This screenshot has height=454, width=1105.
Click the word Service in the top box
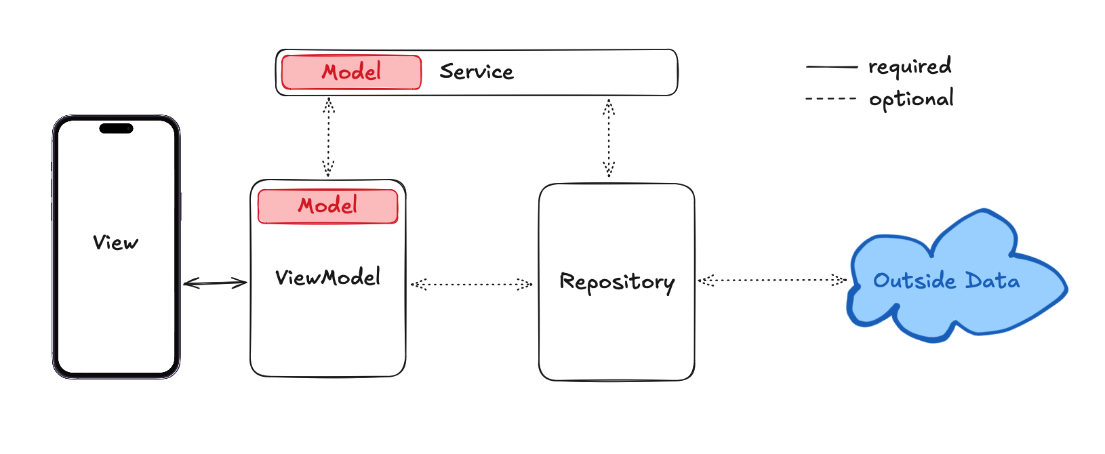(x=477, y=72)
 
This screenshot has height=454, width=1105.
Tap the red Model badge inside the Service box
(x=351, y=73)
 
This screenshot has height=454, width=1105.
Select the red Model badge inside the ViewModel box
(x=327, y=206)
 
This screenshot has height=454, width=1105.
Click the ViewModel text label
(x=327, y=277)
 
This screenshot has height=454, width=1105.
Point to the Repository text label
(x=617, y=282)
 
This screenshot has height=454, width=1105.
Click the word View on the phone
(x=115, y=243)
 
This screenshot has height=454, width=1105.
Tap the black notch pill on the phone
(x=116, y=129)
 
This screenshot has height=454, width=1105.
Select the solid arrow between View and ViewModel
(x=215, y=283)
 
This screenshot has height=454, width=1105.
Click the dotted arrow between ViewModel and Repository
(x=471, y=284)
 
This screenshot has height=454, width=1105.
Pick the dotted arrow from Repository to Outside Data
(x=772, y=280)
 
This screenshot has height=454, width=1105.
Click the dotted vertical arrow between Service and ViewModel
(x=328, y=137)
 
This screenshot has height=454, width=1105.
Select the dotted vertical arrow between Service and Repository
(x=609, y=138)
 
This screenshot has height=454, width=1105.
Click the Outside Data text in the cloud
(x=946, y=281)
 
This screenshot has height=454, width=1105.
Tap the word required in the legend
(x=910, y=66)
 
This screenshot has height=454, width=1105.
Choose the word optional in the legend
(x=911, y=99)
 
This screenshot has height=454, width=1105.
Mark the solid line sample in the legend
(x=832, y=67)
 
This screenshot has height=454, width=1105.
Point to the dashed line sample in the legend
(x=831, y=99)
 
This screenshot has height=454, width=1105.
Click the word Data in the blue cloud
(x=992, y=281)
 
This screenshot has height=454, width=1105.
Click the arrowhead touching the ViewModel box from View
(x=241, y=283)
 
